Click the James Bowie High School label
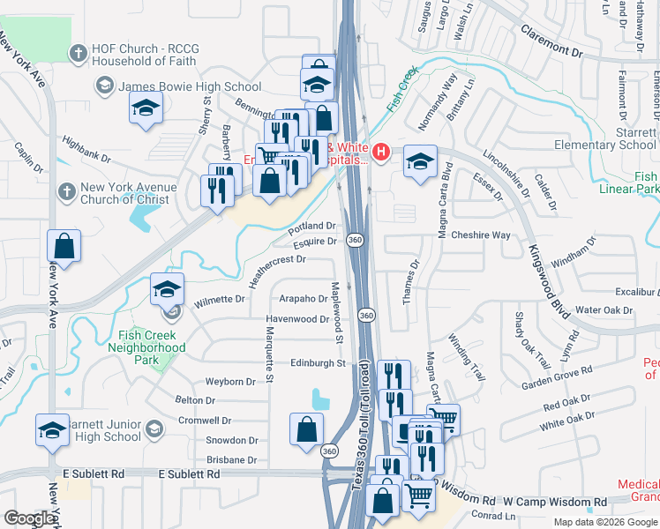tap(190, 86)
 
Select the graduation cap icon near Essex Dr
tap(420, 160)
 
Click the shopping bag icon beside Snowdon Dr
tap(305, 429)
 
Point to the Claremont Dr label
tap(552, 53)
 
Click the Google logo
tap(29, 518)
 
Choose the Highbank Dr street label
tap(86, 151)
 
